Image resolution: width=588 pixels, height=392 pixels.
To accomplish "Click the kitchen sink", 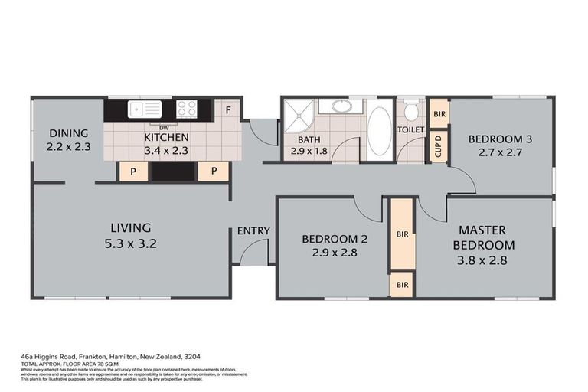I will (145, 109).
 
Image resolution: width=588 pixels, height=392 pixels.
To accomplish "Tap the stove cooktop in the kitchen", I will (187, 109).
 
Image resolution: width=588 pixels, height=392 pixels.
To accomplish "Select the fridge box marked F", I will (228, 109).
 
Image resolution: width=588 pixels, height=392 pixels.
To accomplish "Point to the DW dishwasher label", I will (164, 126).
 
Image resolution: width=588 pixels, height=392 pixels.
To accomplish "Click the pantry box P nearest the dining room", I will (132, 171).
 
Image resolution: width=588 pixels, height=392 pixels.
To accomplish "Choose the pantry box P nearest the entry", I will (214, 171).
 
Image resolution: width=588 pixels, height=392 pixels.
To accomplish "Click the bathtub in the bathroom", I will (379, 132).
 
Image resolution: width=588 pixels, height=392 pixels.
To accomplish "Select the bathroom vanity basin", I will (335, 106).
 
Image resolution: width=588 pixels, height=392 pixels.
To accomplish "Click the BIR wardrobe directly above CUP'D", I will (439, 113).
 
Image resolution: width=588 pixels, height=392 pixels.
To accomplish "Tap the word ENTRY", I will (253, 231).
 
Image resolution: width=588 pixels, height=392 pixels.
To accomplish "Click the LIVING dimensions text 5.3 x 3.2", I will (130, 246).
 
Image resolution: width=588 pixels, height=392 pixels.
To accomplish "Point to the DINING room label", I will (69, 132).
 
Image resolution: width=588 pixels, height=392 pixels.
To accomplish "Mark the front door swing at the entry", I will (256, 251).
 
